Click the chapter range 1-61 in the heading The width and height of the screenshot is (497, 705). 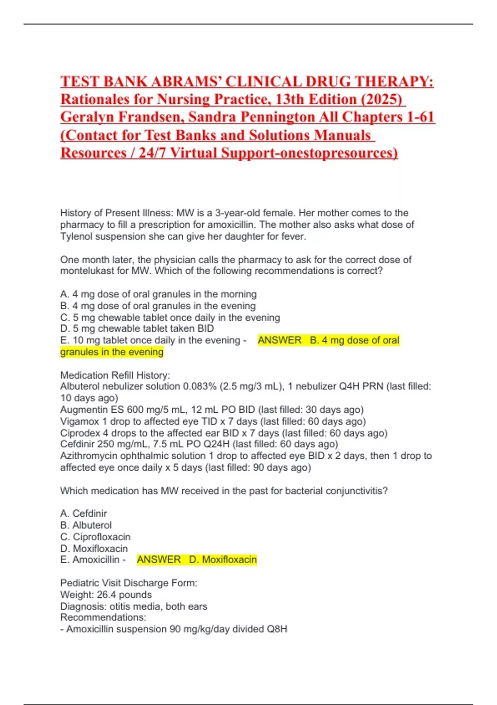tap(420, 117)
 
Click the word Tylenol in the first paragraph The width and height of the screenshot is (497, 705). tap(76, 236)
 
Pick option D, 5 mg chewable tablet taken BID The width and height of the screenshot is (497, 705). tap(137, 328)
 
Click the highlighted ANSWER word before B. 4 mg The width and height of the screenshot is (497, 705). tap(280, 340)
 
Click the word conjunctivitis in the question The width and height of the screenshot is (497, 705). tap(356, 491)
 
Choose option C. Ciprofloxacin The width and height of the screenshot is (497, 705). tap(95, 537)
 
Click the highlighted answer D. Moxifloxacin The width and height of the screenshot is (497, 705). tap(223, 560)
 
